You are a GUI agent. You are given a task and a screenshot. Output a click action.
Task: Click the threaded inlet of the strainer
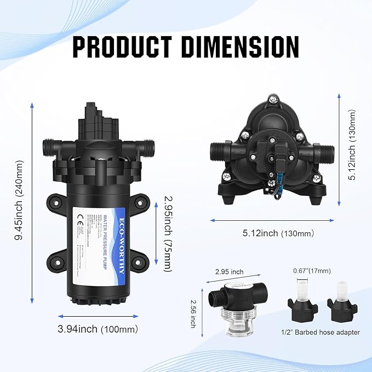pyautogui.click(x=214, y=299)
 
